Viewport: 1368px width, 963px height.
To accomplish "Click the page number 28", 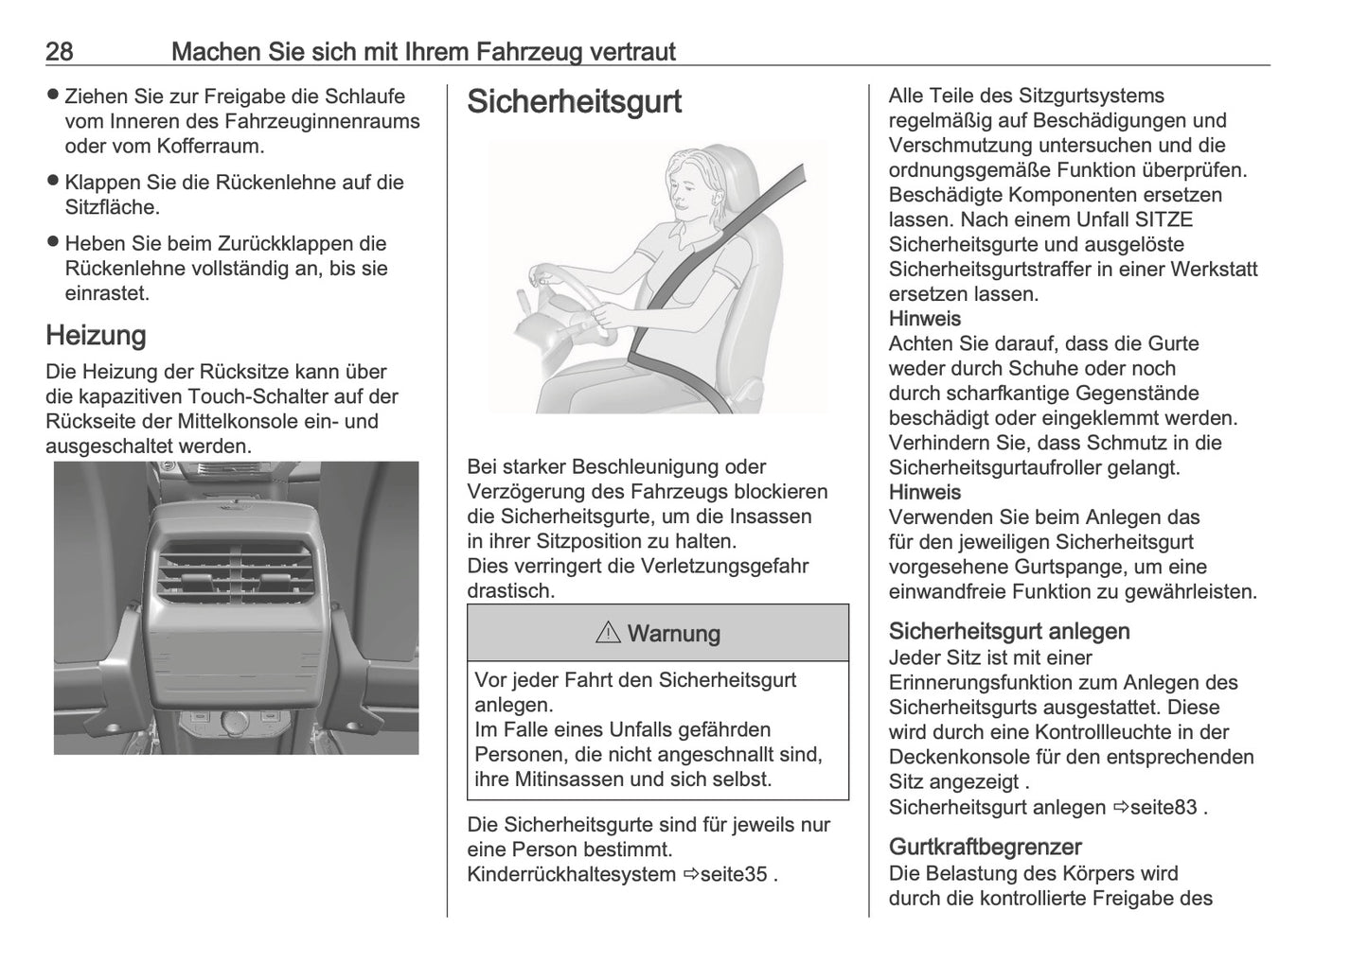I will coord(59,51).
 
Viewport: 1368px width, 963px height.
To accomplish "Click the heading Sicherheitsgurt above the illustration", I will coord(574,102).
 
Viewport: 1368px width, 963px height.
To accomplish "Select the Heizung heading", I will coord(96,335).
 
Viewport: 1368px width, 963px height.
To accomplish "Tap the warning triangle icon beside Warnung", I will coord(607,633).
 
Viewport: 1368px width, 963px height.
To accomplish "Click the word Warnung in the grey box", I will coord(673,634).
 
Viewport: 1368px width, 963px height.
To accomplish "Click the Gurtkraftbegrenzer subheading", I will coord(985,847).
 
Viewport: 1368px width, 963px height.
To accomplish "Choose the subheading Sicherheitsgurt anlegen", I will coord(1009,631).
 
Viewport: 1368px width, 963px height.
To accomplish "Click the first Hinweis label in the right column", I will coord(924,319).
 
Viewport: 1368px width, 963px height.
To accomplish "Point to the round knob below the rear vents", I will coord(233,724).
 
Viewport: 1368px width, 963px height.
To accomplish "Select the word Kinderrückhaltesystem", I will coord(572,874).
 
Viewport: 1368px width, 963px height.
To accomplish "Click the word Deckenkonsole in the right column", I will coord(953,757).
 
